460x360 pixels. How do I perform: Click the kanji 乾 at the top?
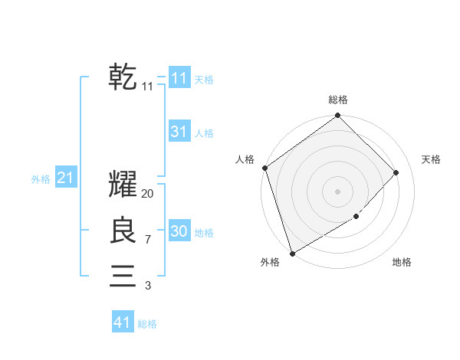click(123, 77)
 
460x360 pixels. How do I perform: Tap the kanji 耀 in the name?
click(123, 185)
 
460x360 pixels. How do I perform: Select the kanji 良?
click(123, 231)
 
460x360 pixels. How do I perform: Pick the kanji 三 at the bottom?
click(123, 276)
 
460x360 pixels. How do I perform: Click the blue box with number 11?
click(179, 78)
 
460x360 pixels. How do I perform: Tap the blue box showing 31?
click(179, 132)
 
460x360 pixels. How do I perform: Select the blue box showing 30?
click(179, 231)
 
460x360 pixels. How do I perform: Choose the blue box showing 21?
click(65, 178)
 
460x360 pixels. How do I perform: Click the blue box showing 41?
click(122, 322)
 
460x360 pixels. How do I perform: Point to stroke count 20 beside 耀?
click(148, 194)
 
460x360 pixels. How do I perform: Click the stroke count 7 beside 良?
click(148, 240)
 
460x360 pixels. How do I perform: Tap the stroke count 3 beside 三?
click(148, 286)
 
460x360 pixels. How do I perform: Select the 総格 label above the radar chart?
click(338, 100)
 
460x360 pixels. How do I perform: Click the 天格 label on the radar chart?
click(432, 159)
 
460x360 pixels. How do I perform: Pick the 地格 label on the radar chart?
click(402, 262)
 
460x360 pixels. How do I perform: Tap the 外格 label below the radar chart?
click(270, 262)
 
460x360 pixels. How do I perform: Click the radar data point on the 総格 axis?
click(337, 116)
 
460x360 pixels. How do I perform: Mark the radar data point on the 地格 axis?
click(356, 217)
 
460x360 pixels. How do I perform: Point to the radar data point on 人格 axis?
click(264, 168)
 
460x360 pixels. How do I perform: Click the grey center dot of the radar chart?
click(337, 191)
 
